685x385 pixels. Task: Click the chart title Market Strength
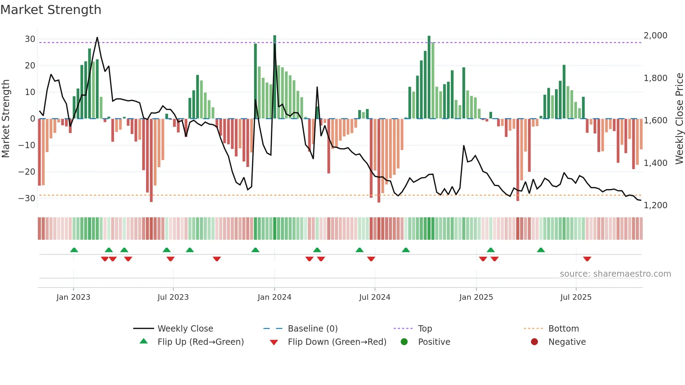click(x=51, y=10)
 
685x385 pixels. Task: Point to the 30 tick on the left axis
click(x=30, y=39)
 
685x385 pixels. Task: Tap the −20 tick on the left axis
click(x=27, y=172)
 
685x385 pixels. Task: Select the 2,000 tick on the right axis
click(x=655, y=36)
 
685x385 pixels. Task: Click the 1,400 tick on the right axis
click(x=655, y=163)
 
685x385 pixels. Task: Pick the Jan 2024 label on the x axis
click(x=274, y=297)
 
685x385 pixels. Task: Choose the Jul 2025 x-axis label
click(x=576, y=297)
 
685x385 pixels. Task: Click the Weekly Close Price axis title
click(x=679, y=119)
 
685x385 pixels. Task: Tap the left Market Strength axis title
click(x=6, y=119)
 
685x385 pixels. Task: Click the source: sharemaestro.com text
click(x=615, y=274)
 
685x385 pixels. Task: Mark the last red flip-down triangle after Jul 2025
click(x=587, y=259)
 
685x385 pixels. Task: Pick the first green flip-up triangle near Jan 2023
click(x=74, y=250)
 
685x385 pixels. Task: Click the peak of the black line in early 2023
click(x=97, y=37)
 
